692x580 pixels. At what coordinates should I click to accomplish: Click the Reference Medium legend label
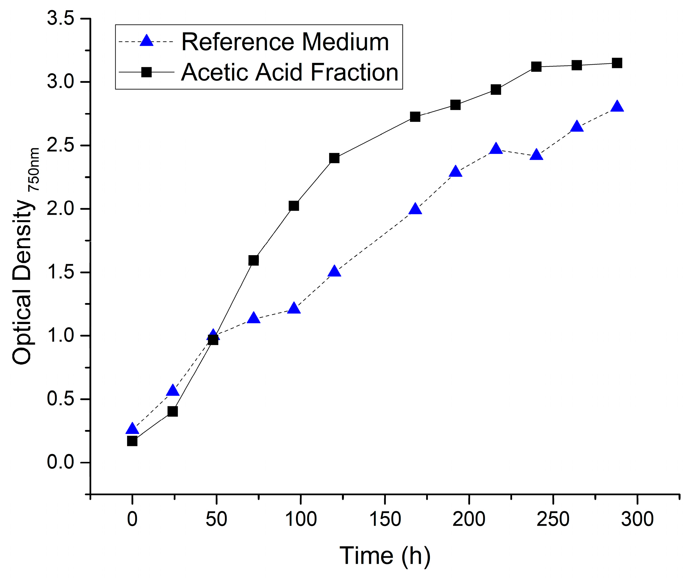(285, 42)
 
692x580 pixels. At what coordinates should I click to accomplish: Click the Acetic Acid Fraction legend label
(290, 72)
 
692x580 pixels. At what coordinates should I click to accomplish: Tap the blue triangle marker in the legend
(147, 41)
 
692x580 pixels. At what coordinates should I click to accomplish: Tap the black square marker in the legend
(146, 72)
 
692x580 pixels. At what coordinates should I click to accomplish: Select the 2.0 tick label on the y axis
(60, 209)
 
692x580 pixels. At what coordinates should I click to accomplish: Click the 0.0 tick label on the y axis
(60, 462)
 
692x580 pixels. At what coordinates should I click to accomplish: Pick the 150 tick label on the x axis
(385, 519)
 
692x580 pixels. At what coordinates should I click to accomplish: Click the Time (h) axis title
(385, 556)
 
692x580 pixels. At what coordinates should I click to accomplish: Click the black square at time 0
(132, 441)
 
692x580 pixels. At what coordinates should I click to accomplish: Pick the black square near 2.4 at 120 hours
(334, 158)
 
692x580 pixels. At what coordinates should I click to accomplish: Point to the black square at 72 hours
(254, 260)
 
